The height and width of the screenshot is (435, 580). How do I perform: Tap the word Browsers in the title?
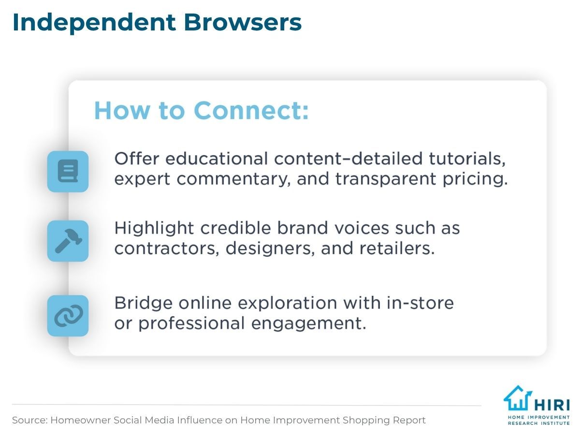point(243,22)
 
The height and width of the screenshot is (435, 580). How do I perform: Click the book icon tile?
point(68,172)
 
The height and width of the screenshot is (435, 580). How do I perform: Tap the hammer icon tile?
point(68,241)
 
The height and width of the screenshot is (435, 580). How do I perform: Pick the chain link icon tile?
point(68,316)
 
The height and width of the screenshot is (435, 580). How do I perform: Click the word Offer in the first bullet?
point(137,159)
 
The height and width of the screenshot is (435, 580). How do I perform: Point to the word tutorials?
point(467,159)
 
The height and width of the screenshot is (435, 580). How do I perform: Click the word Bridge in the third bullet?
point(143,304)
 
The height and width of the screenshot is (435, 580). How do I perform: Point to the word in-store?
point(420,303)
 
